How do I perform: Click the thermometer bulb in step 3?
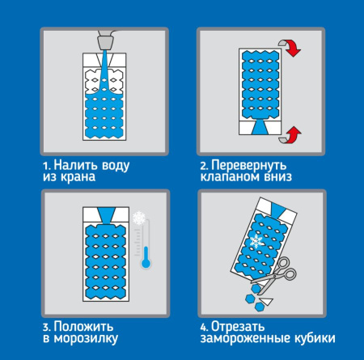pos(146,263)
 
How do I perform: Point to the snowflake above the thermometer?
pos(139,218)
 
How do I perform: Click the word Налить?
pos(73,165)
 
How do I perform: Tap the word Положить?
pos(83,327)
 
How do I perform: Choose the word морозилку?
pos(86,339)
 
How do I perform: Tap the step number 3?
pos(47,327)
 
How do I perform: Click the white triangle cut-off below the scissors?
pos(267,301)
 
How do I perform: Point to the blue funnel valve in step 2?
pos(260,127)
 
